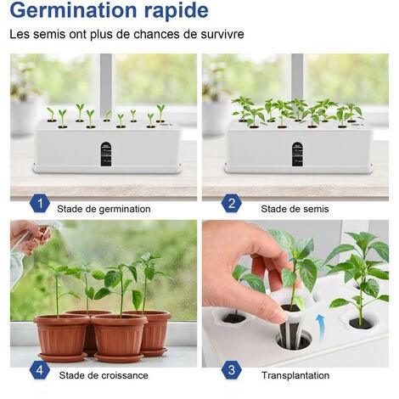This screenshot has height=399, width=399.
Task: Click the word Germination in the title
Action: pyautogui.click(x=74, y=10)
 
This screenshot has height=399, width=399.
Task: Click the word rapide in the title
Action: pyautogui.click(x=177, y=11)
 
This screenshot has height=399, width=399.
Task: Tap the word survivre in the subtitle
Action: pyautogui.click(x=222, y=34)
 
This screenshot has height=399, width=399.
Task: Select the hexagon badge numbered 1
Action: pyautogui.click(x=40, y=203)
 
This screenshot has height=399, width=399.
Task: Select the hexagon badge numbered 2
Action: pyautogui.click(x=232, y=203)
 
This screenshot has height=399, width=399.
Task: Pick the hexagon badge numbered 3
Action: pyautogui.click(x=232, y=370)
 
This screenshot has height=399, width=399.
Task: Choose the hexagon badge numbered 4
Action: pyautogui.click(x=40, y=370)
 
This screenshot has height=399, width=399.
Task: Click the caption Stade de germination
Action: pyautogui.click(x=104, y=209)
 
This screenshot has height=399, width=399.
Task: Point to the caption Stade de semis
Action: pyautogui.click(x=295, y=209)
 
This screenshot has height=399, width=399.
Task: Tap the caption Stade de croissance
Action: pyautogui.click(x=104, y=375)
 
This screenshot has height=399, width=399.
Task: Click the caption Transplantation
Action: pyautogui.click(x=295, y=375)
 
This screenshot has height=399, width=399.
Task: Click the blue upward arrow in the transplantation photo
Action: pyautogui.click(x=322, y=328)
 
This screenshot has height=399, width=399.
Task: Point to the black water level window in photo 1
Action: pyautogui.click(x=106, y=154)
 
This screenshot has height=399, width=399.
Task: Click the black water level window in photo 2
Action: pyautogui.click(x=297, y=154)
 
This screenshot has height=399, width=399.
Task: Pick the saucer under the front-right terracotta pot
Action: pyautogui.click(x=119, y=357)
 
